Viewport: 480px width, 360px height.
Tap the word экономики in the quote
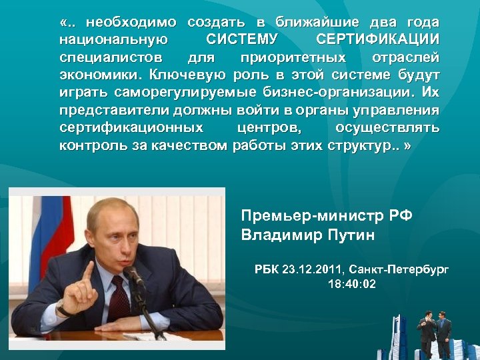[x=99, y=73]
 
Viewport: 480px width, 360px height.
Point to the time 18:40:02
[x=352, y=284]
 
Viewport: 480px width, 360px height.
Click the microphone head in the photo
[x=131, y=273]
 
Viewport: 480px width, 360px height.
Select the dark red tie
[x=119, y=294]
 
